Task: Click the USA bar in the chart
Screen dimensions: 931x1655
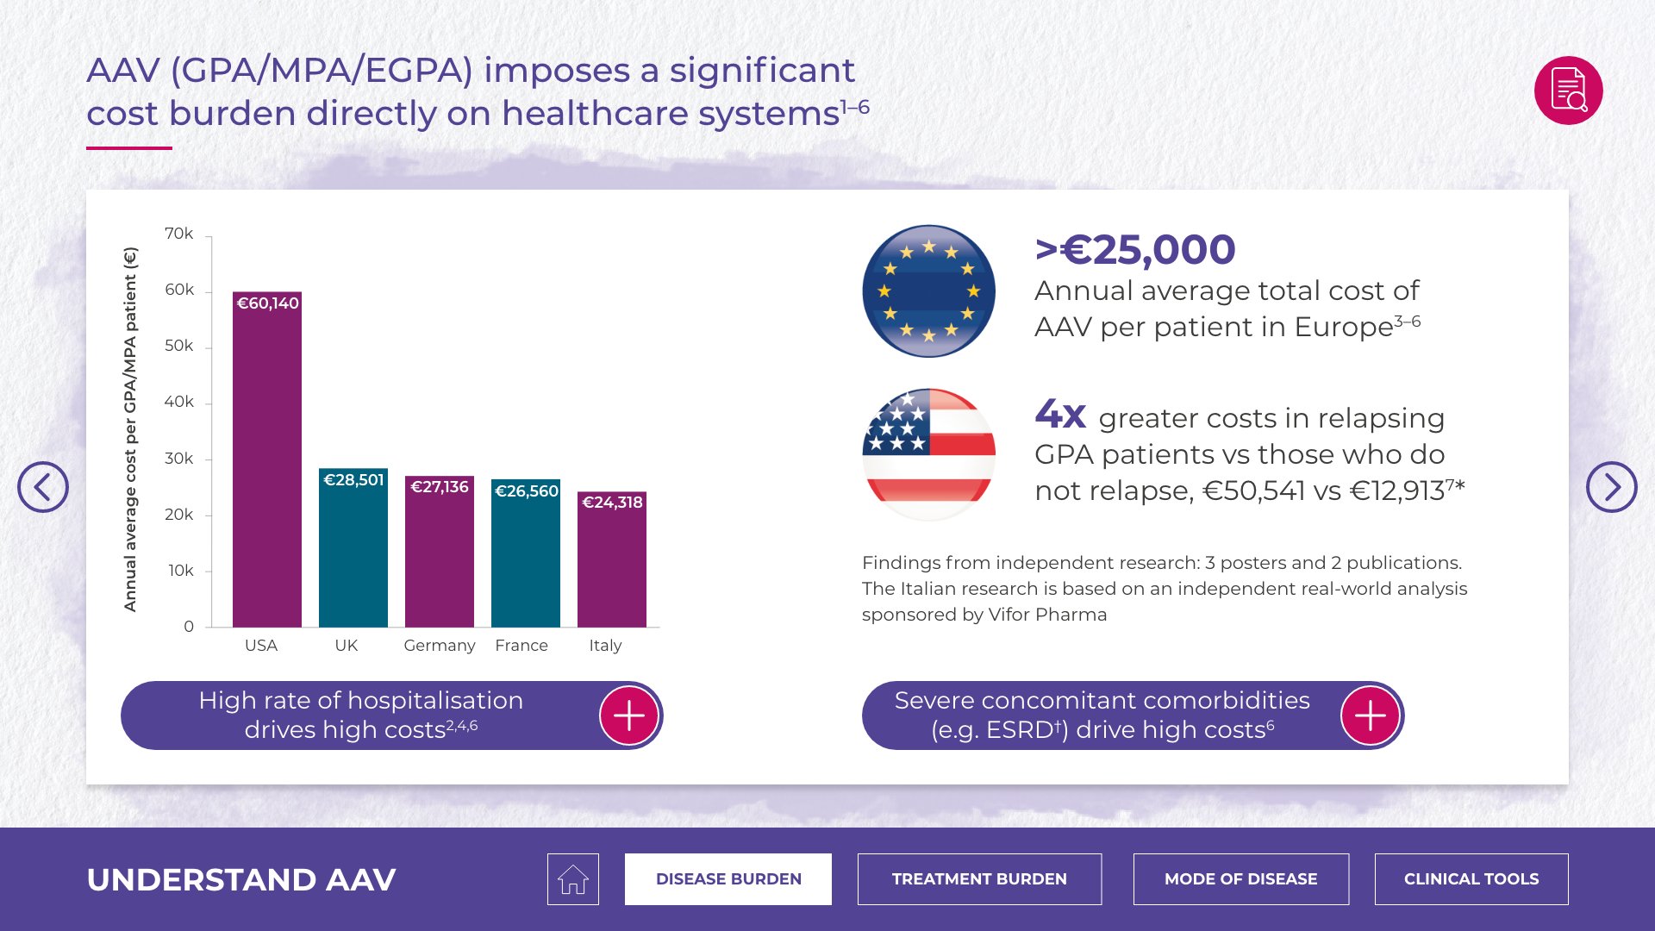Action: (x=267, y=465)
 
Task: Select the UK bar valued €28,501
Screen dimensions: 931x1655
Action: (x=353, y=552)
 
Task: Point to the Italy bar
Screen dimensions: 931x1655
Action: (x=612, y=565)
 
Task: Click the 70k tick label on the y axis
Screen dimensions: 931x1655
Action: (x=179, y=234)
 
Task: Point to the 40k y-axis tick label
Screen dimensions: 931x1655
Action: (x=179, y=402)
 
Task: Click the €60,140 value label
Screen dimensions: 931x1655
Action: (x=267, y=303)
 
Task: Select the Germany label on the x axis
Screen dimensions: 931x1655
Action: (x=440, y=646)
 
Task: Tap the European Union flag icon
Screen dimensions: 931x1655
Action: (x=928, y=291)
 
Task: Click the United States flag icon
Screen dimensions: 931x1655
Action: (x=928, y=454)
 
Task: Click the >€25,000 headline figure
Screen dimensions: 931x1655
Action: (x=1135, y=250)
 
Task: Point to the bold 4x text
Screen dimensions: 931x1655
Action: (x=1060, y=415)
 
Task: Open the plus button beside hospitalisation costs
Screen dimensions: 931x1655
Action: (x=629, y=715)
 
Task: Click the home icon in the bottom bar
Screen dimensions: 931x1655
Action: (x=573, y=879)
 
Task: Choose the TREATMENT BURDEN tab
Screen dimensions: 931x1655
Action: (x=979, y=879)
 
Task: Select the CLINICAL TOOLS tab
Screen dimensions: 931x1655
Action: (x=1471, y=879)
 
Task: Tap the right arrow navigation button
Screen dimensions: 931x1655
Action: (x=1611, y=487)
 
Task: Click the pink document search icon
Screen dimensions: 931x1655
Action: (x=1568, y=91)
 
